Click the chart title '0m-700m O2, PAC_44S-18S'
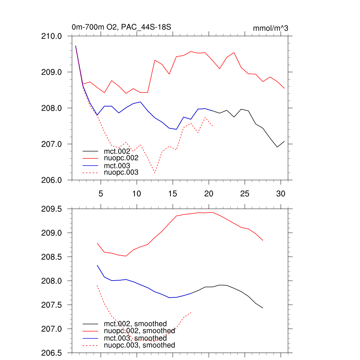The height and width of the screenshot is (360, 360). coord(121,27)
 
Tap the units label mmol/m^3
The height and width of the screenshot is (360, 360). coord(270,28)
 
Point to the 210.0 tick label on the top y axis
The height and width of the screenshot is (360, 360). coord(52,36)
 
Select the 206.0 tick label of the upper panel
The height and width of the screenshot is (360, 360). coord(52,180)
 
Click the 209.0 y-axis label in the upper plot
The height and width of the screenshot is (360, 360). coord(52,72)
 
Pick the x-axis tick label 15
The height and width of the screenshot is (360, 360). coord(173,193)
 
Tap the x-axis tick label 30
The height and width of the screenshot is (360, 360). coord(281,193)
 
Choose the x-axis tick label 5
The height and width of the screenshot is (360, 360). coord(101,193)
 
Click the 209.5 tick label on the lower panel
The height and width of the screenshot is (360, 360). coord(52,209)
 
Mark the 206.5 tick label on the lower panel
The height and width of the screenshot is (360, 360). coord(52,353)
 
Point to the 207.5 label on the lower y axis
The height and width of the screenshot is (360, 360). coord(52,305)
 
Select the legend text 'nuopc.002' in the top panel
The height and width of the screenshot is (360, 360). coord(121,158)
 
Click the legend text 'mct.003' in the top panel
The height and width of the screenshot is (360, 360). coord(117,166)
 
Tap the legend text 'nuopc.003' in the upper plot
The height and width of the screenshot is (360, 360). coord(121,173)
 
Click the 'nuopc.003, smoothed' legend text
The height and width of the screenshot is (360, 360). coord(140,346)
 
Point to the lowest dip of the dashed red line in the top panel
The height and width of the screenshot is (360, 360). coord(155,173)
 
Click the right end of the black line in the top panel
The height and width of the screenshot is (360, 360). coord(284,141)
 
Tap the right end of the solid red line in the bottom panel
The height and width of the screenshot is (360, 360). coord(263,240)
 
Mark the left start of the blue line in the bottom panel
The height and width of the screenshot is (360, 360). coord(97,265)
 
